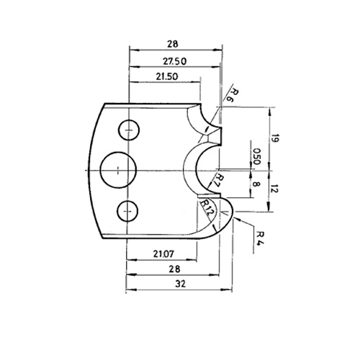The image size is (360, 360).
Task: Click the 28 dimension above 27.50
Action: (173, 44)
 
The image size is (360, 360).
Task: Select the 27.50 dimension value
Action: (175, 61)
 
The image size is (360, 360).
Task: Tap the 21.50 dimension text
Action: (167, 76)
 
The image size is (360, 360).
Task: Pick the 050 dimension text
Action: (257, 156)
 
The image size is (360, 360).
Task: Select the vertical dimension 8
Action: (256, 184)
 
